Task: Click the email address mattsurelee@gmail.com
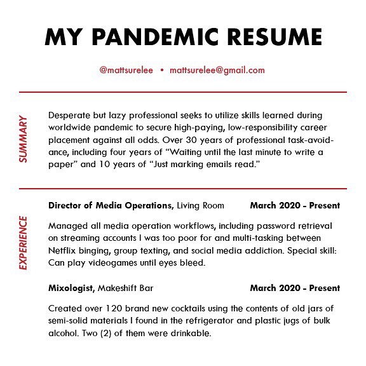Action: tap(217, 71)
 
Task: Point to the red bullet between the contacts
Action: tap(162, 71)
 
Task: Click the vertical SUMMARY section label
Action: tap(24, 139)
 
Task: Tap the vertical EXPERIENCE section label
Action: tap(24, 243)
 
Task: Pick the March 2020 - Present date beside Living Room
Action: tap(295, 205)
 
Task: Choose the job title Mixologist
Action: tap(71, 288)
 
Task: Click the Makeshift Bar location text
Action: tap(125, 288)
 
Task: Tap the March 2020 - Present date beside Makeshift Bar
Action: tap(295, 288)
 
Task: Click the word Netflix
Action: tap(62, 251)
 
